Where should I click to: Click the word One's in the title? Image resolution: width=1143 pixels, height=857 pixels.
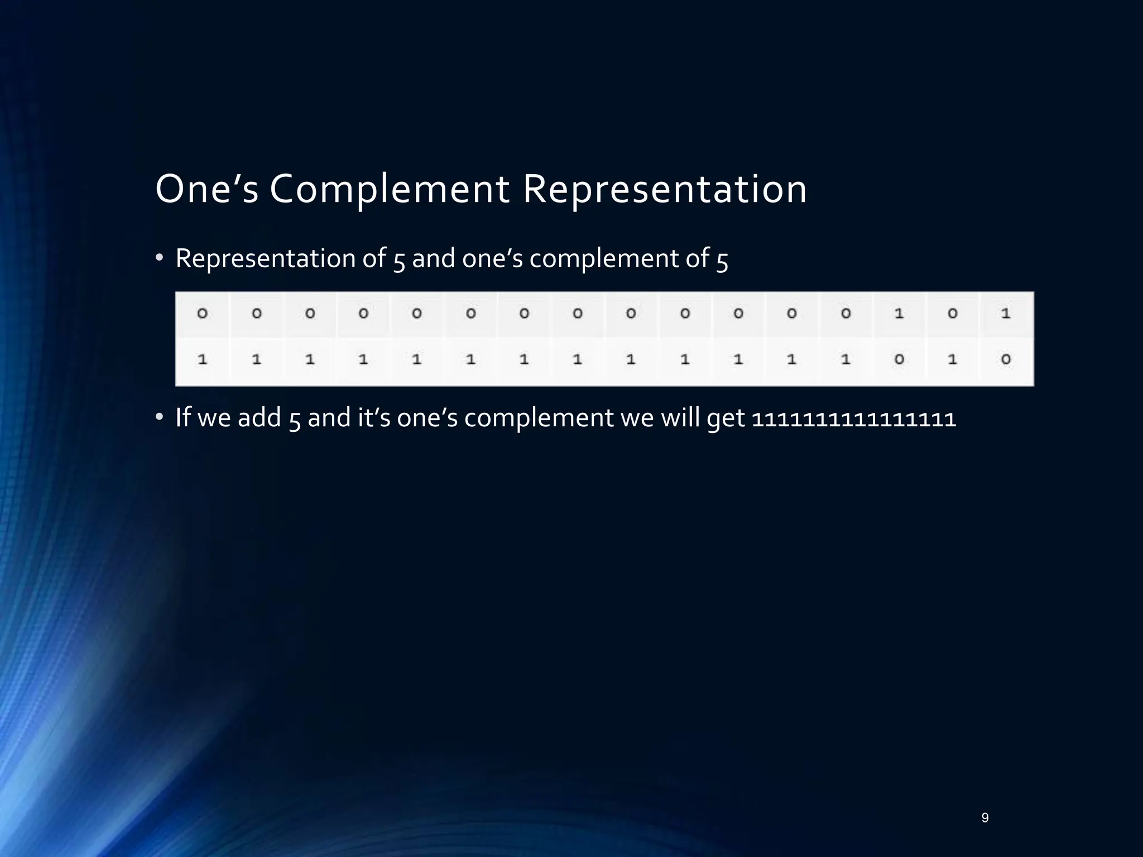(x=206, y=189)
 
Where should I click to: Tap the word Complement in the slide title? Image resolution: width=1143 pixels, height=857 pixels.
(x=390, y=189)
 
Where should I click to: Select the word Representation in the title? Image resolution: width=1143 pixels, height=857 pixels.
(x=665, y=189)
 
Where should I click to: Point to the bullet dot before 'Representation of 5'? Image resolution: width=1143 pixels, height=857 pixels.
(x=159, y=258)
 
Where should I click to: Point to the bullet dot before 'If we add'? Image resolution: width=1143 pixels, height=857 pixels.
(x=159, y=417)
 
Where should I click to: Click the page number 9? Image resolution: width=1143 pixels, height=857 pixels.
(x=985, y=818)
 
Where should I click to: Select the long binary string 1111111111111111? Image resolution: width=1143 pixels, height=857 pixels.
(x=854, y=418)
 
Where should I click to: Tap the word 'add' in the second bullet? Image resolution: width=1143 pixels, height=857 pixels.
(x=260, y=418)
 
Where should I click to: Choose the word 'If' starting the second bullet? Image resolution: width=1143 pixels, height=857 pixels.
(x=183, y=417)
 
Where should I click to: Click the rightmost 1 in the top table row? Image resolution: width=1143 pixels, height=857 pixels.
(x=1006, y=314)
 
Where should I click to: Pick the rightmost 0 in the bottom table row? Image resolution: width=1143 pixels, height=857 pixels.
(x=1006, y=360)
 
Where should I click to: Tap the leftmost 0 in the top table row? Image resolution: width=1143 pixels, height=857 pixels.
(x=203, y=314)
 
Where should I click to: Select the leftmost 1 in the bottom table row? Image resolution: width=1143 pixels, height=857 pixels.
(x=203, y=360)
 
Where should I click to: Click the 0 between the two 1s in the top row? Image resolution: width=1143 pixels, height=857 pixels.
(x=952, y=314)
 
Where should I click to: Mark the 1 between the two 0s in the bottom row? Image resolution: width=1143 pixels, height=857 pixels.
(x=952, y=360)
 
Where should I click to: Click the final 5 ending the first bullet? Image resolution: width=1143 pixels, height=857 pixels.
(x=722, y=260)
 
